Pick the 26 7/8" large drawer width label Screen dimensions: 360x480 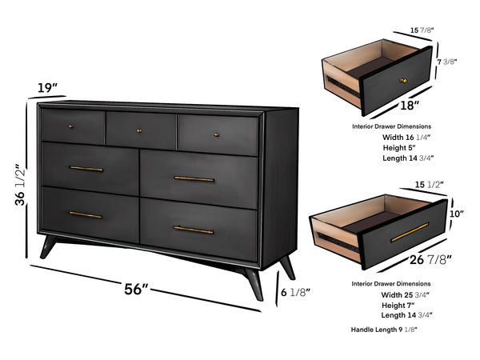pos(430,258)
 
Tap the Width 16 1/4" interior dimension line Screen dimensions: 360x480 pos(407,136)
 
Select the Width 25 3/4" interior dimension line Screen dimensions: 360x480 pos(406,295)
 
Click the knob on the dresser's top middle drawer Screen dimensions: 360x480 pos(138,130)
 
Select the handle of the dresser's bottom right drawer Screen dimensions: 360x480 pos(194,230)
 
